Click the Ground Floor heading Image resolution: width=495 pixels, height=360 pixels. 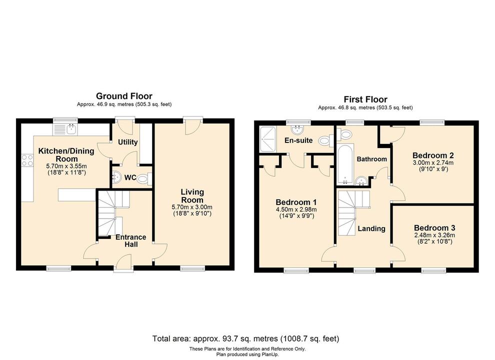click(124, 96)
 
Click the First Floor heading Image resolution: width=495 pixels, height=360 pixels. click(365, 99)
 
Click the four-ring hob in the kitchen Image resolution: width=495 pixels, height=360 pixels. click(27, 160)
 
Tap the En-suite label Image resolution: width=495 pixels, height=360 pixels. click(298, 140)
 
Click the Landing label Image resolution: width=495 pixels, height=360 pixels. click(371, 228)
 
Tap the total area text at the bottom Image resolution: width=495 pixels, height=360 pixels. click(246, 338)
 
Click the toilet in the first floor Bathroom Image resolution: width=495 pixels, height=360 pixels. click(344, 134)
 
